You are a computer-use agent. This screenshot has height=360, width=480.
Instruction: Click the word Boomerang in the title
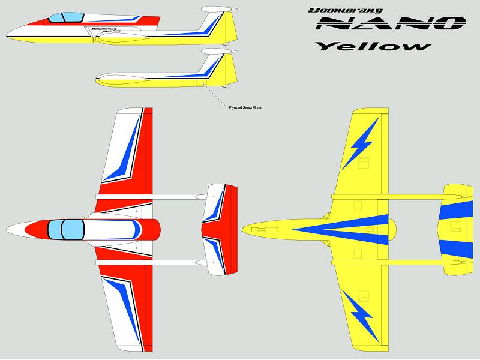[346, 10]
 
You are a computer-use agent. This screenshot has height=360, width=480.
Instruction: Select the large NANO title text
[391, 23]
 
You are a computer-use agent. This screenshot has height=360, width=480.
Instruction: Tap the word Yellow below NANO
[373, 46]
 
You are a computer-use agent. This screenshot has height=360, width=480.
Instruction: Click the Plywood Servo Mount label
[245, 108]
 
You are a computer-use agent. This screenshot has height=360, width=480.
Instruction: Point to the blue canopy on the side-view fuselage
[66, 17]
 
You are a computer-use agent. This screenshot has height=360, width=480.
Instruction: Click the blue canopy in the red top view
[66, 230]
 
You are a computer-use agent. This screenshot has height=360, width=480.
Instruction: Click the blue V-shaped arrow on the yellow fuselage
[340, 230]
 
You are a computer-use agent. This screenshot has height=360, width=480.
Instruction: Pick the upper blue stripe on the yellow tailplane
[456, 211]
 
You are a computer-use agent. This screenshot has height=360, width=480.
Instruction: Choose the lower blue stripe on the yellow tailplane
[456, 249]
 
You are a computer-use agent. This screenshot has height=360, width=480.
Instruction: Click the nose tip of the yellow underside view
[242, 230]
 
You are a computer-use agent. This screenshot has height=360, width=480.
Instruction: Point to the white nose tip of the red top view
[7, 230]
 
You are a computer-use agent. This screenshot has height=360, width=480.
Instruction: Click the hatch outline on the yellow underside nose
[265, 230]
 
